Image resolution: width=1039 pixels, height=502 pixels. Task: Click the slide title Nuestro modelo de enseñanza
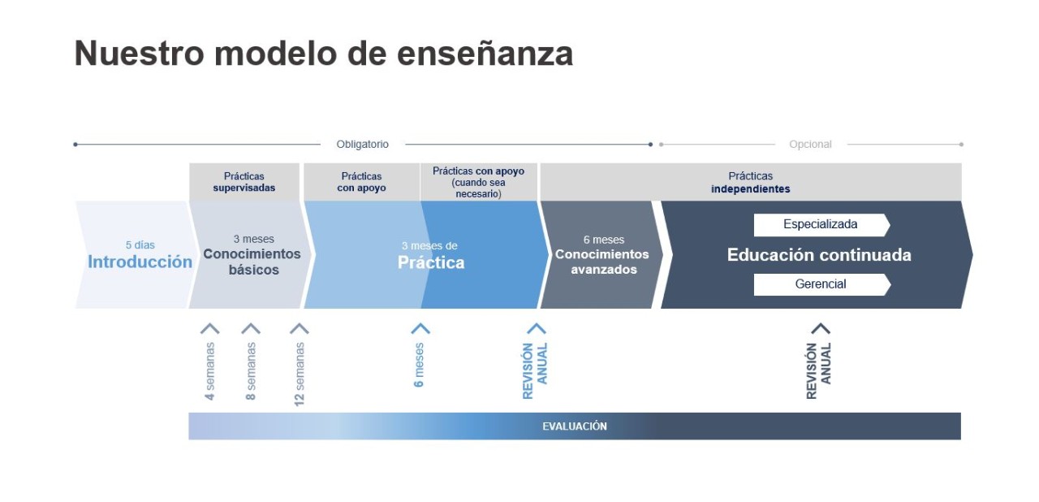(x=323, y=54)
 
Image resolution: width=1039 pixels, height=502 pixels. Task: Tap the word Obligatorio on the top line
(x=362, y=145)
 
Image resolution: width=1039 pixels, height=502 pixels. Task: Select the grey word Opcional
(x=810, y=145)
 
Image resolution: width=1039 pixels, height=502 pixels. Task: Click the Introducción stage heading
(x=140, y=262)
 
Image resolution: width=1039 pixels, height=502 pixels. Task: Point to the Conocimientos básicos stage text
(x=252, y=261)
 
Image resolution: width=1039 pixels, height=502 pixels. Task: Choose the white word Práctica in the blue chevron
(x=430, y=262)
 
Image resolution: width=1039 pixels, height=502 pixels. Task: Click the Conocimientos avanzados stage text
(x=601, y=262)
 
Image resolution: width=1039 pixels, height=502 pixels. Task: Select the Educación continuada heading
(x=819, y=255)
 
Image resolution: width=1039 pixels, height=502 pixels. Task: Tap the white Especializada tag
(x=821, y=224)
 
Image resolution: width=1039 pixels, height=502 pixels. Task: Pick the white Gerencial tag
(x=821, y=284)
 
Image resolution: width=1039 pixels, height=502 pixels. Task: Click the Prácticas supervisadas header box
(x=244, y=182)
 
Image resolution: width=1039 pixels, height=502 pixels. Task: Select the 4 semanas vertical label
(x=210, y=371)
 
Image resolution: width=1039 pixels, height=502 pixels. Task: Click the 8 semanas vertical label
(x=251, y=371)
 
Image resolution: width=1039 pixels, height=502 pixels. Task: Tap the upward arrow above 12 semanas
(x=300, y=329)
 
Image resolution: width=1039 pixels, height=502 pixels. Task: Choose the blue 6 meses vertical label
(x=420, y=365)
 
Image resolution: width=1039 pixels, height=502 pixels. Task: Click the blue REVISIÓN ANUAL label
(x=535, y=370)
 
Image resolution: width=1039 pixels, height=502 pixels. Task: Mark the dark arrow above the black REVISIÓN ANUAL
(x=821, y=328)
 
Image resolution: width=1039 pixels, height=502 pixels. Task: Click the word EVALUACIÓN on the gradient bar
(x=575, y=426)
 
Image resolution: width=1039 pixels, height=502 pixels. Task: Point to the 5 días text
(x=140, y=245)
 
